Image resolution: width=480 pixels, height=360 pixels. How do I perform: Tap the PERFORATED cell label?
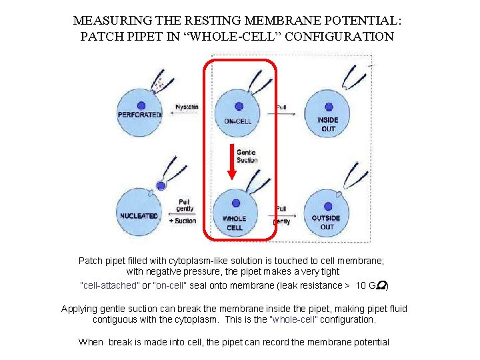140,115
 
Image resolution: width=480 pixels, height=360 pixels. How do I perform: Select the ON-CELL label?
237,121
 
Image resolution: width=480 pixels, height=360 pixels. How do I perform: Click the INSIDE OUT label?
328,124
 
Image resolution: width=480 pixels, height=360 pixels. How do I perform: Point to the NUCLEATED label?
139,216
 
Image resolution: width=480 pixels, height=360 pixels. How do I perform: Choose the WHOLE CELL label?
234,223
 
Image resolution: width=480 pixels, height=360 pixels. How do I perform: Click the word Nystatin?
187,107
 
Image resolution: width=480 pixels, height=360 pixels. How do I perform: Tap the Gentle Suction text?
246,157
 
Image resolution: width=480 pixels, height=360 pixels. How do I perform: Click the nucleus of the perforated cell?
141,104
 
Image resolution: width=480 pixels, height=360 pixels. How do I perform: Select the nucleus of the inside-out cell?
328,107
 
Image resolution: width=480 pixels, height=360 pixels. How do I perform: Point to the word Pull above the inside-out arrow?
282,107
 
